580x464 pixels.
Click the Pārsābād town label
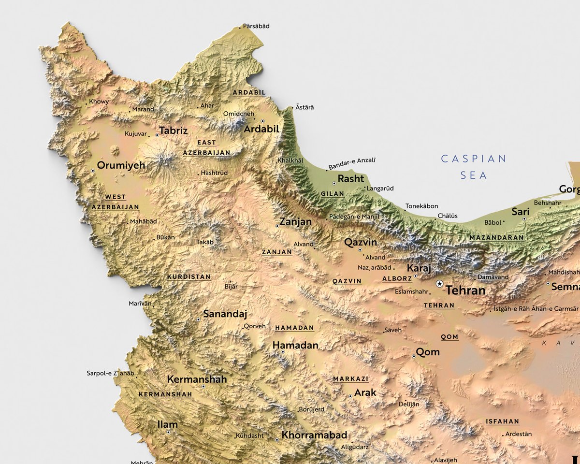(256, 26)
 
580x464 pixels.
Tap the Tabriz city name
(173, 130)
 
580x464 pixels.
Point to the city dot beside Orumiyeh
(93, 171)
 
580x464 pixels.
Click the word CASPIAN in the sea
(474, 159)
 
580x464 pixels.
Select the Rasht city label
(351, 179)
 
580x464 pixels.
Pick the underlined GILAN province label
(333, 194)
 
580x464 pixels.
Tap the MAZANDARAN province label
(496, 238)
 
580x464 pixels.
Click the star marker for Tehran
(439, 284)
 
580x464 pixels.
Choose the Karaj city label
(419, 268)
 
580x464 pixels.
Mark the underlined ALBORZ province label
(397, 278)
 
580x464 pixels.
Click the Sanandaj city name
(225, 314)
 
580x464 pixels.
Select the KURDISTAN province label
(188, 277)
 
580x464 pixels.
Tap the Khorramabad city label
(314, 435)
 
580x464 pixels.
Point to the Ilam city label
(168, 425)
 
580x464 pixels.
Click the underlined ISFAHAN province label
(502, 421)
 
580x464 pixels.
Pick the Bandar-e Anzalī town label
(352, 163)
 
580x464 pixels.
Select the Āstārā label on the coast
(304, 107)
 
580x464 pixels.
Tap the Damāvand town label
(493, 277)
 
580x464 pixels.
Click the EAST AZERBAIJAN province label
(206, 147)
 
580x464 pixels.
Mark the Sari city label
(521, 212)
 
